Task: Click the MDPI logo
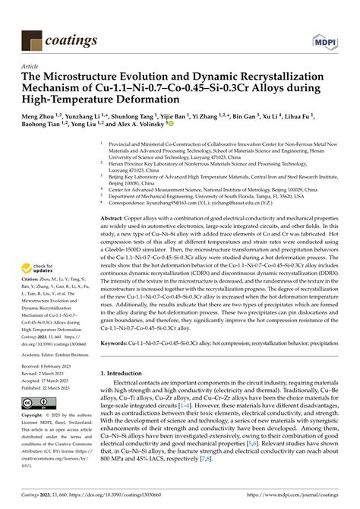pos(322,38)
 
